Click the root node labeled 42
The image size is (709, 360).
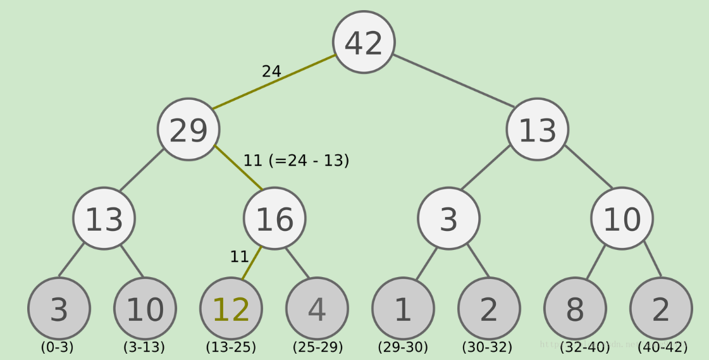[x=364, y=42]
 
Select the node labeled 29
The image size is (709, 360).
[x=188, y=130]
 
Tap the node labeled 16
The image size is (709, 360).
[x=274, y=219]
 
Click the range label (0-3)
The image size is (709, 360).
[x=58, y=347]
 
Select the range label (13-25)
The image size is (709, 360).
[x=231, y=347]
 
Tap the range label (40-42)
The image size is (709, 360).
[x=662, y=347]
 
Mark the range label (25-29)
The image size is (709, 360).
[x=318, y=347]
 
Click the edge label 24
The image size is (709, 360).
[x=271, y=71]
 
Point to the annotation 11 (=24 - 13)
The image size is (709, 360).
[x=296, y=161]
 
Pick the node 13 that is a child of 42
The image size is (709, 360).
[x=537, y=130]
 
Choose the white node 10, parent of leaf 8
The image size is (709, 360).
[x=622, y=219]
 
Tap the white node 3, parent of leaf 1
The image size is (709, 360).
[x=448, y=219]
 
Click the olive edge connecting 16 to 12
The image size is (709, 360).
[x=252, y=263]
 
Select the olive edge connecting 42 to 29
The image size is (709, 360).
[x=274, y=82]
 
